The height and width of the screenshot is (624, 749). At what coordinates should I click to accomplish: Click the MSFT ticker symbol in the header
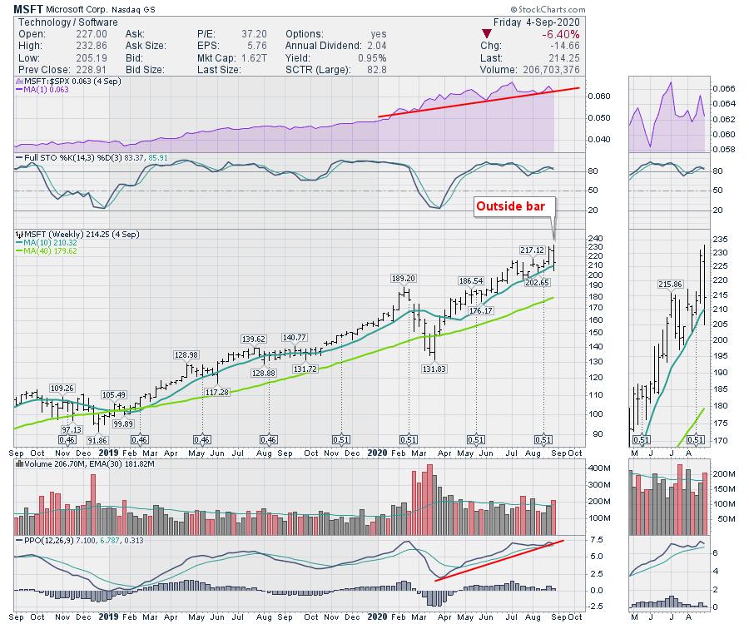29,9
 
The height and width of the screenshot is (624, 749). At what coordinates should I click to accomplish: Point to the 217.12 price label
532,250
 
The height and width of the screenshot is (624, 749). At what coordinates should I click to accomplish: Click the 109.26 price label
63,388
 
